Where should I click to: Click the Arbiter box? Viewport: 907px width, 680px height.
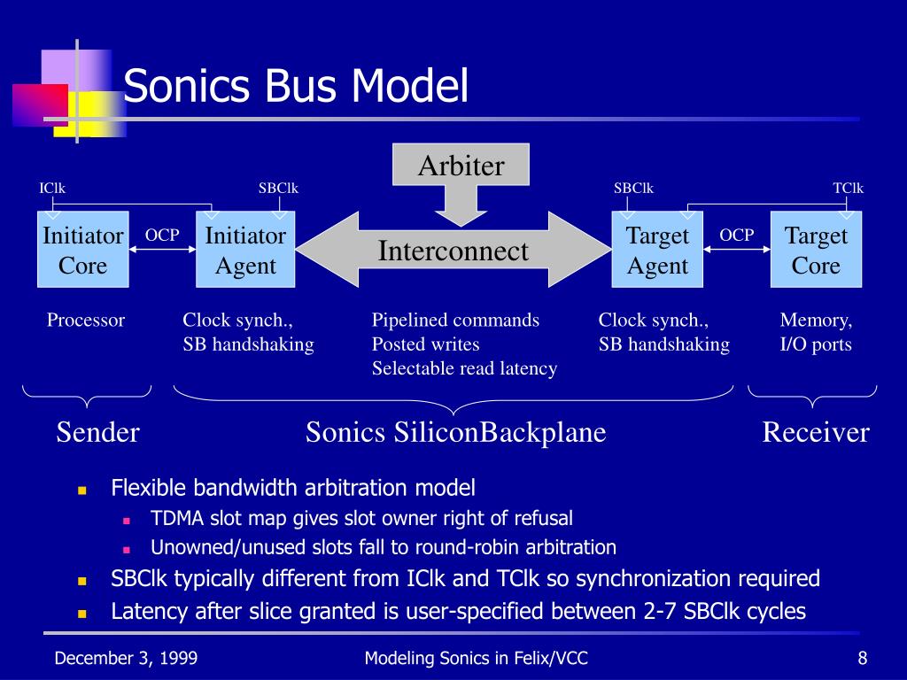tap(461, 166)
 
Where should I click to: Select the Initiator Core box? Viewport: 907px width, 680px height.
tap(82, 250)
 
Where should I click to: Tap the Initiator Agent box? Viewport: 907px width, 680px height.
tap(245, 250)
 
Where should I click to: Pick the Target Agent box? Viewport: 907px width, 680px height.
tap(657, 250)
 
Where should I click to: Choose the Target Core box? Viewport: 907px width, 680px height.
tap(816, 250)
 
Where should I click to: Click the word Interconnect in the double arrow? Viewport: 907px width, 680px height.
tap(453, 251)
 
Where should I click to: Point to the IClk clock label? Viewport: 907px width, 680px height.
tap(52, 188)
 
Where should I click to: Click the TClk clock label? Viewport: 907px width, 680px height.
tap(848, 188)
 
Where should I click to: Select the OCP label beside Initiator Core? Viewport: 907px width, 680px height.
tap(162, 235)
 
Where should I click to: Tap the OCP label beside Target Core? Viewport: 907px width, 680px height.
tap(736, 235)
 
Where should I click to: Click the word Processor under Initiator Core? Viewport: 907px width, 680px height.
tap(86, 320)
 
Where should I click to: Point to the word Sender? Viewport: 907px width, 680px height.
tap(98, 432)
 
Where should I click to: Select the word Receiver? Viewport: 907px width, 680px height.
tap(816, 432)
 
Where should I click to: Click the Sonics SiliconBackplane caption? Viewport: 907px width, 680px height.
tap(455, 432)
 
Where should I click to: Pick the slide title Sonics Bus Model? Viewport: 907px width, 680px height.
tap(295, 88)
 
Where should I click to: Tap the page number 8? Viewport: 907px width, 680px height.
tap(862, 657)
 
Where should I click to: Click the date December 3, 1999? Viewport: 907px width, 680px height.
tap(126, 657)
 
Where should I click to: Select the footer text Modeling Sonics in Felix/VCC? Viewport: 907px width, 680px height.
tap(477, 657)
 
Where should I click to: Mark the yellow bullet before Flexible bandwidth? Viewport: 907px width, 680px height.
tap(81, 489)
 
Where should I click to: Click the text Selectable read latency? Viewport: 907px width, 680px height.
tap(464, 368)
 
